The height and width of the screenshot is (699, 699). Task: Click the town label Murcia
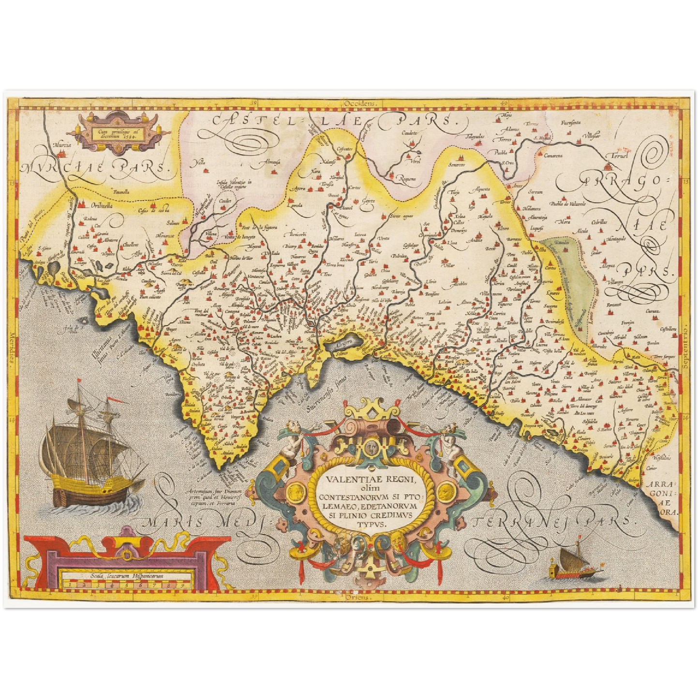(x=62, y=145)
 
